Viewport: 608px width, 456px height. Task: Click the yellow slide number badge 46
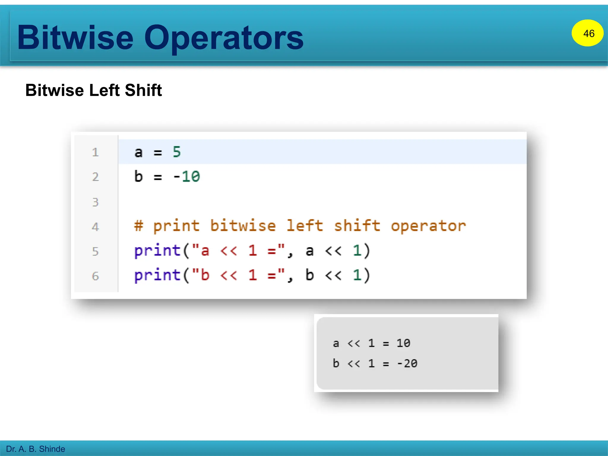tap(587, 33)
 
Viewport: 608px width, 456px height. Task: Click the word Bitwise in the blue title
tap(75, 38)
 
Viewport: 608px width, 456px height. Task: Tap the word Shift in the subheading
tap(143, 90)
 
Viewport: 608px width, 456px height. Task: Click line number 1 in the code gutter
tap(95, 153)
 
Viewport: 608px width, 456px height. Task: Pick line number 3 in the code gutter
tap(95, 202)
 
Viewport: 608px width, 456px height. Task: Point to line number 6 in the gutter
tap(95, 276)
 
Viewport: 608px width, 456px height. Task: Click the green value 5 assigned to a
tap(177, 152)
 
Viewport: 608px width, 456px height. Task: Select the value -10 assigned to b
tap(187, 177)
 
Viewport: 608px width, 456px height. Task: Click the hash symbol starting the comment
tap(138, 226)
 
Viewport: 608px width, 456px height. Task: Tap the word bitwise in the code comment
tap(243, 226)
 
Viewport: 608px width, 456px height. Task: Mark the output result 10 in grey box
tap(403, 343)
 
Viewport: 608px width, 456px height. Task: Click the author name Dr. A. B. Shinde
tap(36, 449)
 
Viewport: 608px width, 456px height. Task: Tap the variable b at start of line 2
tap(138, 177)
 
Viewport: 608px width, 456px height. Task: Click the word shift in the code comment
tap(357, 226)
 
